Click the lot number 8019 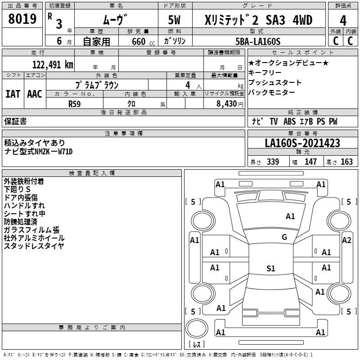click(22, 19)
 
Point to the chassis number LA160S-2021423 click(302, 143)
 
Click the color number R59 click(74, 103)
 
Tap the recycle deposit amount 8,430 click(226, 103)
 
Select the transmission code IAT click(13, 94)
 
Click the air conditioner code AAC click(35, 94)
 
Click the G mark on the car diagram click(284, 237)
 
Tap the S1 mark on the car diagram click(270, 269)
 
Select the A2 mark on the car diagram click(346, 240)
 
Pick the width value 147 click(311, 162)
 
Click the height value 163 click(346, 162)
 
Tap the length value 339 click(273, 162)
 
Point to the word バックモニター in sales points click(272, 92)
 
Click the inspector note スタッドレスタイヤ click(34, 246)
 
